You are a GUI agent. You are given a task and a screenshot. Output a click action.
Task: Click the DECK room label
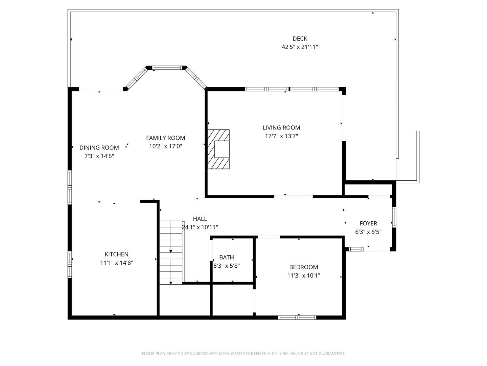[300, 39]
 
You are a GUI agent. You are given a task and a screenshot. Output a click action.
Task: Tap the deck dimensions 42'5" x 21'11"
[300, 47]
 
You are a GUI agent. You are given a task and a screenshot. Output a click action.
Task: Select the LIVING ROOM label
[281, 128]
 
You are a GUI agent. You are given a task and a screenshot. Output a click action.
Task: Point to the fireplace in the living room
[219, 149]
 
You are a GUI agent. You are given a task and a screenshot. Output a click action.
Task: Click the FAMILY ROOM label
[165, 138]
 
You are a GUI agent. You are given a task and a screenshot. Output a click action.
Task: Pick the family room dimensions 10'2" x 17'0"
[165, 146]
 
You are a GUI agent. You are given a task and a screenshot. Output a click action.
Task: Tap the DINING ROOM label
[99, 148]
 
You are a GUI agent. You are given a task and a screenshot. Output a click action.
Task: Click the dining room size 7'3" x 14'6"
[99, 156]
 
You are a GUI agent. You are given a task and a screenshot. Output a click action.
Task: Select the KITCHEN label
[116, 254]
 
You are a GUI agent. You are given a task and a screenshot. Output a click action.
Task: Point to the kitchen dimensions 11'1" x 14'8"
[116, 263]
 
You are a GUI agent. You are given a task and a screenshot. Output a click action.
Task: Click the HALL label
[200, 219]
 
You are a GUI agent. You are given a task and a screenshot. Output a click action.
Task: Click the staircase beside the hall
[171, 252]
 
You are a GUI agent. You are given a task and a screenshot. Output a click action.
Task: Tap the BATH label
[226, 257]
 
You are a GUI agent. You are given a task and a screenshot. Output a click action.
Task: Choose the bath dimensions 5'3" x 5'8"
[226, 266]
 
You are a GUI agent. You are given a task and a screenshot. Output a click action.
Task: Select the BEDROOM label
[303, 267]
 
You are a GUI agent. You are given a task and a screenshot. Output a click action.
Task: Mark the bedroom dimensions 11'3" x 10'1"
[303, 276]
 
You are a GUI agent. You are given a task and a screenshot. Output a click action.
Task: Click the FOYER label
[368, 223]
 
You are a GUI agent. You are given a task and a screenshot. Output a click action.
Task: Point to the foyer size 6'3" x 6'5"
[368, 232]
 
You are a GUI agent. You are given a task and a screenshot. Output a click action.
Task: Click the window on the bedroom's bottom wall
[297, 318]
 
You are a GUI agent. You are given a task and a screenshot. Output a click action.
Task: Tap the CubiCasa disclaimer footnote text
[243, 353]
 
